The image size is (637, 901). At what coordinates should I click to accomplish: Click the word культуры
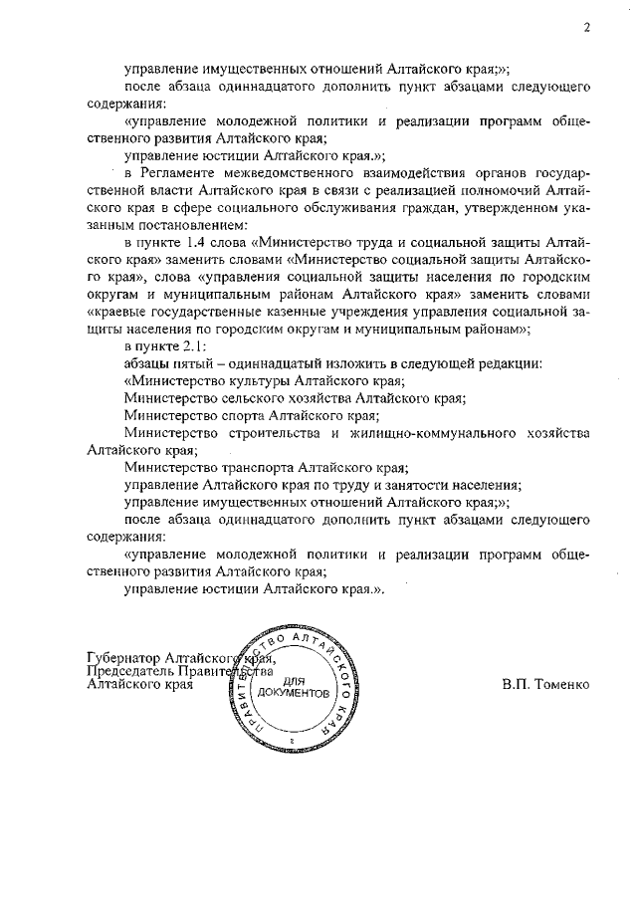[251, 380]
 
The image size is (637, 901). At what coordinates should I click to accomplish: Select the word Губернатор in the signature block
[124, 659]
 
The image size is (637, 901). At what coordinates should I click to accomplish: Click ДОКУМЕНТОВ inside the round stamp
[291, 692]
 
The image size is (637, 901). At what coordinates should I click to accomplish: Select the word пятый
[201, 363]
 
